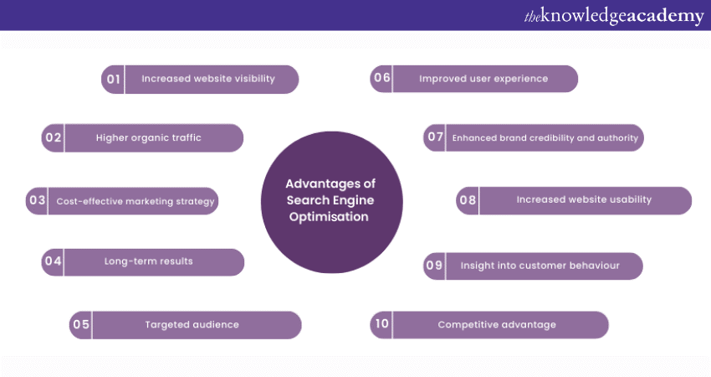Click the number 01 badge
(113, 80)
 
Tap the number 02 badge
(54, 138)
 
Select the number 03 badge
(37, 201)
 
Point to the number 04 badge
(54, 261)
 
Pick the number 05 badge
(81, 325)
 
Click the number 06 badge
(382, 79)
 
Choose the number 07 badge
(435, 137)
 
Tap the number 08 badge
(468, 200)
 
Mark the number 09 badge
(435, 266)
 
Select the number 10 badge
(381, 325)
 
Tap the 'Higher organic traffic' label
(149, 138)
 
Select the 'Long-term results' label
(149, 261)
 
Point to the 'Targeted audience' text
(192, 325)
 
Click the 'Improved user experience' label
(483, 79)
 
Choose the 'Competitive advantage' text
(497, 325)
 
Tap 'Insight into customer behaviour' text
(540, 266)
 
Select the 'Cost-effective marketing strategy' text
(136, 201)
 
